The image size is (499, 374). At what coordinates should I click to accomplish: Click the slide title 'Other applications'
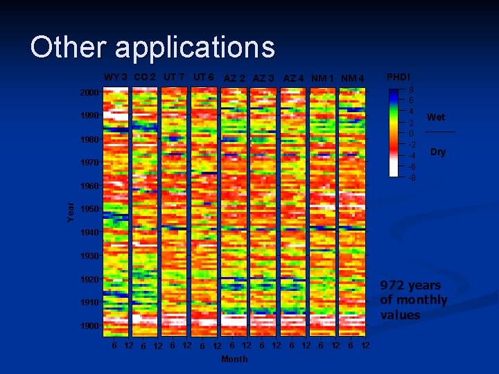click(152, 48)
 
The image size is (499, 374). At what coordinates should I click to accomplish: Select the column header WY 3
click(115, 77)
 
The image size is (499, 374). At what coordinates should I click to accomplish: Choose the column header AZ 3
click(263, 78)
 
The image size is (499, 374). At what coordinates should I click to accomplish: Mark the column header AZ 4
click(294, 78)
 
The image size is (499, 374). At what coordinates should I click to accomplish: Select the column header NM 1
click(323, 78)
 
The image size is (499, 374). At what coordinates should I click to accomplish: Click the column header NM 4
click(353, 78)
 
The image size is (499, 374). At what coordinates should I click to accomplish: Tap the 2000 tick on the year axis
click(89, 93)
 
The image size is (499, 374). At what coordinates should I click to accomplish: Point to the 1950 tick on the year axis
click(89, 209)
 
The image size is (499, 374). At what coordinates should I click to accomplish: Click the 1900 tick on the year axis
click(89, 326)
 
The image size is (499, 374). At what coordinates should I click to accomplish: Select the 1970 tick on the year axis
click(89, 163)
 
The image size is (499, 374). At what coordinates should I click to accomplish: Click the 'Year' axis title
click(71, 211)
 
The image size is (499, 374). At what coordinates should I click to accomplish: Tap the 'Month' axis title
click(234, 359)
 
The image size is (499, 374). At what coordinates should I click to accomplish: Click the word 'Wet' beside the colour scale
click(436, 117)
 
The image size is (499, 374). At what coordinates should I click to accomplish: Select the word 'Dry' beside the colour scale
click(437, 152)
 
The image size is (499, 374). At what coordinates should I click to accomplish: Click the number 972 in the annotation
click(392, 285)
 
